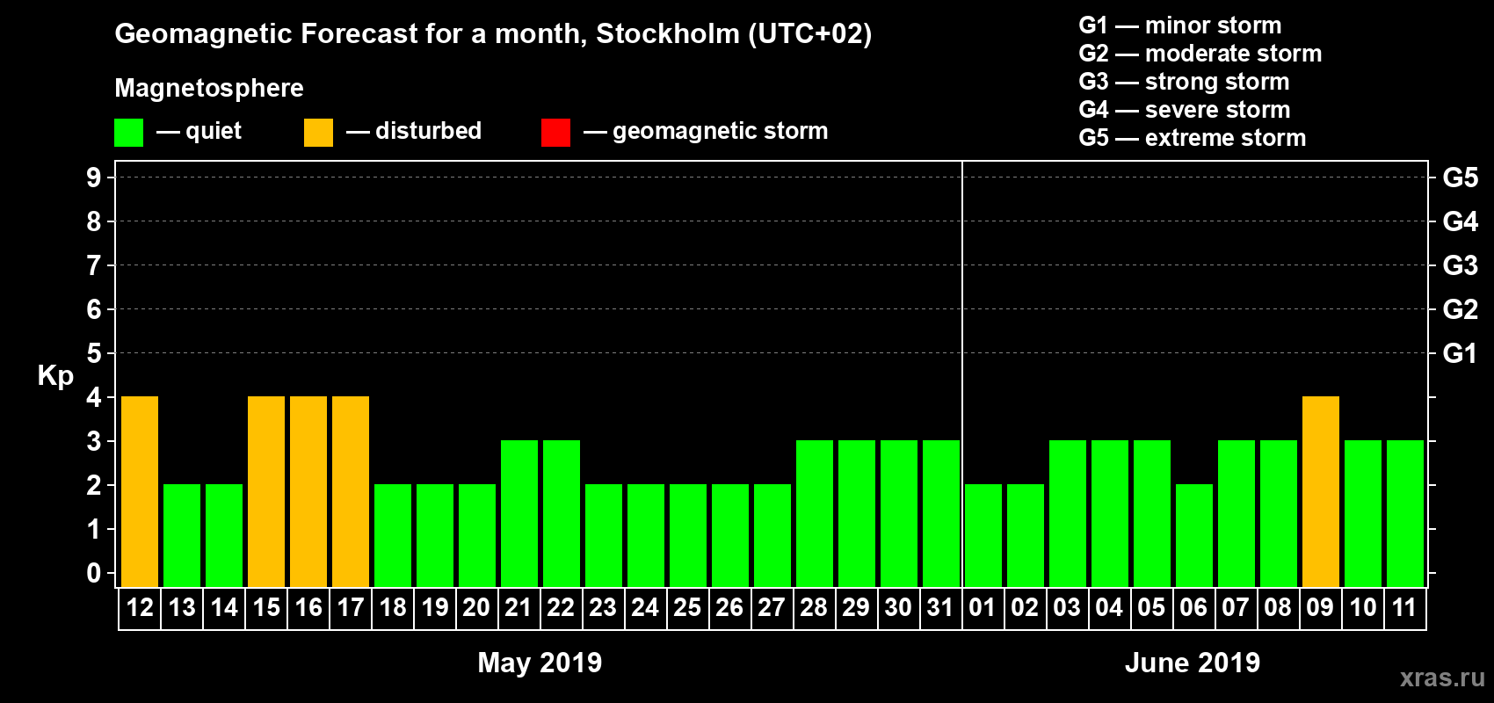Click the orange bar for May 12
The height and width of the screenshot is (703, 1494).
(140, 491)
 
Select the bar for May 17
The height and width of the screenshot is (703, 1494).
(351, 491)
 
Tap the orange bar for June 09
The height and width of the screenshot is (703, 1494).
(1321, 491)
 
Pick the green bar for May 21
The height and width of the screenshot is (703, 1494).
(519, 513)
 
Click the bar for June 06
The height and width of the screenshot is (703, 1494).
(1194, 535)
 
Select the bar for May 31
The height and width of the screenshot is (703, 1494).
(941, 513)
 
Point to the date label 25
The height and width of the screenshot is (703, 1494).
(687, 607)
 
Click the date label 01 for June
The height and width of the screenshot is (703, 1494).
(982, 607)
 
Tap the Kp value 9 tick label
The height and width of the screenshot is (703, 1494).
(94, 178)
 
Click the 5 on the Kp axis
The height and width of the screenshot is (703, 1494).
(94, 353)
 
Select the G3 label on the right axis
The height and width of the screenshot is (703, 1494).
(1460, 265)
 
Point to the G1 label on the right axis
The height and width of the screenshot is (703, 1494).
(1460, 353)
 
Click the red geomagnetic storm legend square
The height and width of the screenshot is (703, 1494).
(555, 133)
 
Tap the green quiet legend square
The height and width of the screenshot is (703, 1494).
(129, 133)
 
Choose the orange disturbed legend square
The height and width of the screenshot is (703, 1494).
(318, 133)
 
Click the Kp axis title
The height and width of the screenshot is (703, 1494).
(55, 376)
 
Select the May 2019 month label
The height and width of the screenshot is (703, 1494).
(540, 663)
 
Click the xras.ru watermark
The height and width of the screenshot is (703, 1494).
(1442, 678)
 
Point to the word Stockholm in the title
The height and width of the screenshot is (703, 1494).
(668, 33)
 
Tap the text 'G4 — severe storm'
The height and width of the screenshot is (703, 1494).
(1185, 110)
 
